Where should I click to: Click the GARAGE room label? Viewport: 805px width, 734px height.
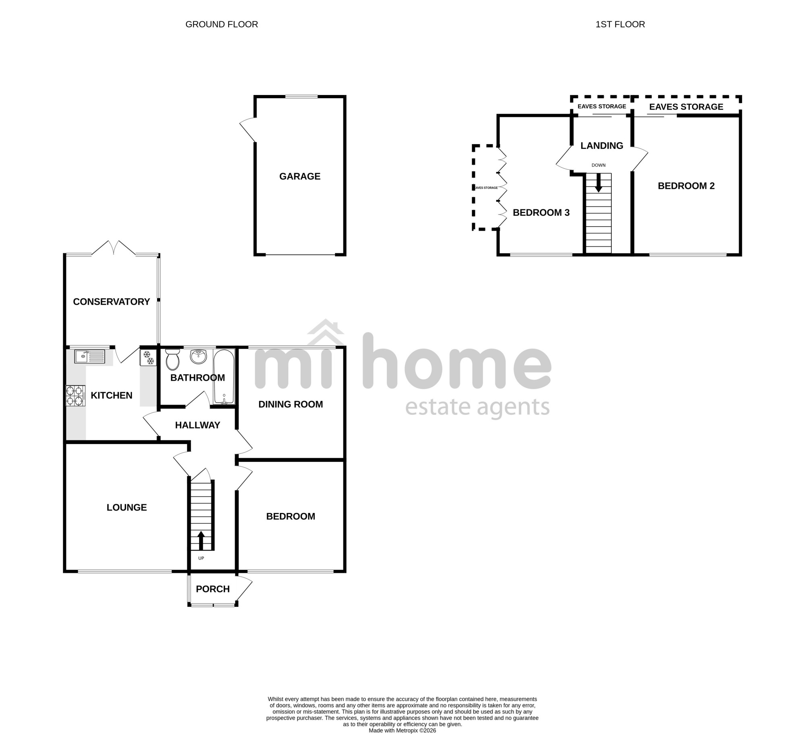[x=300, y=176]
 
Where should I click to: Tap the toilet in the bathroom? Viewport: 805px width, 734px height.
[x=172, y=359]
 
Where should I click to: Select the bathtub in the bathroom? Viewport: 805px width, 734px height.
[x=224, y=376]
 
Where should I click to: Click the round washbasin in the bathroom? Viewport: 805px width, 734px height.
[x=198, y=356]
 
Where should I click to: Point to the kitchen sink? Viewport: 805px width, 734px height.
[x=89, y=356]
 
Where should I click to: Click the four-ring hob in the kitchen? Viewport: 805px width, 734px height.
[x=75, y=395]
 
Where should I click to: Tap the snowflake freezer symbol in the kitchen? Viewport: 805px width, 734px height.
[x=148, y=358]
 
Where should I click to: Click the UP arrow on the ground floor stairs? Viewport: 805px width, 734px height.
[x=201, y=540]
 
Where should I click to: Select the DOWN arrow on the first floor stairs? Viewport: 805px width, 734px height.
[x=599, y=182]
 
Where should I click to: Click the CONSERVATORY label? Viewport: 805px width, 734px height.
[x=111, y=302]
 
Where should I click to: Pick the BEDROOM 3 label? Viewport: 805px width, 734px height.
[x=541, y=213]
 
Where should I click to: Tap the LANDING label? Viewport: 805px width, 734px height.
[x=602, y=146]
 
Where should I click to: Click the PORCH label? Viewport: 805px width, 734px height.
[x=213, y=589]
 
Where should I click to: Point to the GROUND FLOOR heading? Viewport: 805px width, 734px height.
[x=222, y=24]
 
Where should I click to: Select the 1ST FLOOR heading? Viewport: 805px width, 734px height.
[x=620, y=24]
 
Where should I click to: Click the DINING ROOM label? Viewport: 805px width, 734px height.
[x=291, y=404]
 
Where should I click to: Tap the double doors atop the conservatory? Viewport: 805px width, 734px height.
[x=114, y=248]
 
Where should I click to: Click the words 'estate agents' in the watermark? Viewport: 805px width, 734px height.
[x=477, y=407]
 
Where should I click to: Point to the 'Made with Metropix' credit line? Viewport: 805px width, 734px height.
[x=402, y=719]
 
